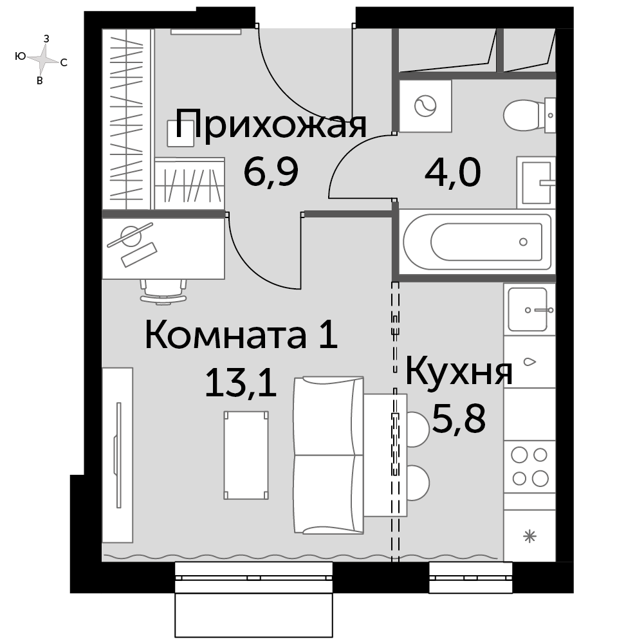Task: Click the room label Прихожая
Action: click(271, 124)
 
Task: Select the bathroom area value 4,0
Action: click(452, 172)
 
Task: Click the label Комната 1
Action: click(241, 335)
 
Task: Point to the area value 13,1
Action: click(241, 383)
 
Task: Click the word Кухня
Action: click(459, 372)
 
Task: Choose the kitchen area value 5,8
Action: click(459, 419)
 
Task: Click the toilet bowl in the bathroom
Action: click(527, 115)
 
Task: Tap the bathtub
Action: click(477, 242)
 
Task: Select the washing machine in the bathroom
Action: click(425, 106)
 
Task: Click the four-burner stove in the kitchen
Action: click(529, 466)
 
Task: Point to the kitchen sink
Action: click(528, 309)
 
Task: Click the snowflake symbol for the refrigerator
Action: click(530, 537)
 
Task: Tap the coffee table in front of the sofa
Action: click(246, 455)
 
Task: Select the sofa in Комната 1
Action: click(329, 455)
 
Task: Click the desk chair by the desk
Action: click(163, 291)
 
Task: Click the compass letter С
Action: click(64, 63)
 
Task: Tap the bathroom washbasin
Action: click(536, 183)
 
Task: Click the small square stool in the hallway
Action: click(181, 133)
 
